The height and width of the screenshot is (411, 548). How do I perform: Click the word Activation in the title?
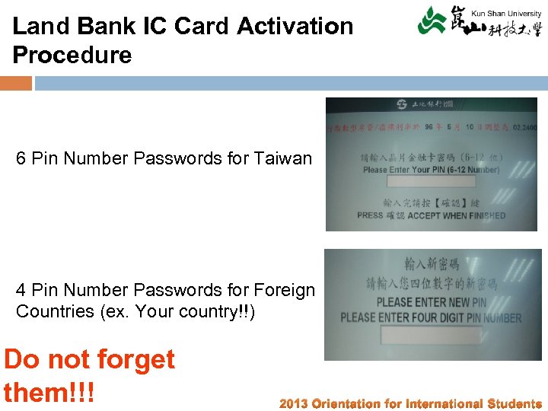pyautogui.click(x=295, y=26)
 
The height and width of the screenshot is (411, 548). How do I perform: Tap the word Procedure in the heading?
pyautogui.click(x=72, y=55)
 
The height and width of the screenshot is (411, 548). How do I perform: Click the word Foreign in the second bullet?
pyautogui.click(x=285, y=290)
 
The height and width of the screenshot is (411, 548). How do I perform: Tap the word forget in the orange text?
pyautogui.click(x=134, y=359)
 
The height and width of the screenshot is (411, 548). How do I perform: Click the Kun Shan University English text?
pyautogui.click(x=507, y=13)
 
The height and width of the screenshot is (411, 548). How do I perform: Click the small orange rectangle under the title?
pyautogui.click(x=16, y=83)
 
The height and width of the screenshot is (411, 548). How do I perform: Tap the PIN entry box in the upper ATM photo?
pyautogui.click(x=432, y=182)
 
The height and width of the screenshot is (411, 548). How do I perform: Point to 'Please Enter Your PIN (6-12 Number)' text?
pyautogui.click(x=431, y=170)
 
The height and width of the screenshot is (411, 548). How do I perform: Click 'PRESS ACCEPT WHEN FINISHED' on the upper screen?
pyautogui.click(x=431, y=215)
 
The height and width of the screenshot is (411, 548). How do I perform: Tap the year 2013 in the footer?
pyautogui.click(x=294, y=403)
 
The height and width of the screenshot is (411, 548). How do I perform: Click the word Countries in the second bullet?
pyautogui.click(x=54, y=312)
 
